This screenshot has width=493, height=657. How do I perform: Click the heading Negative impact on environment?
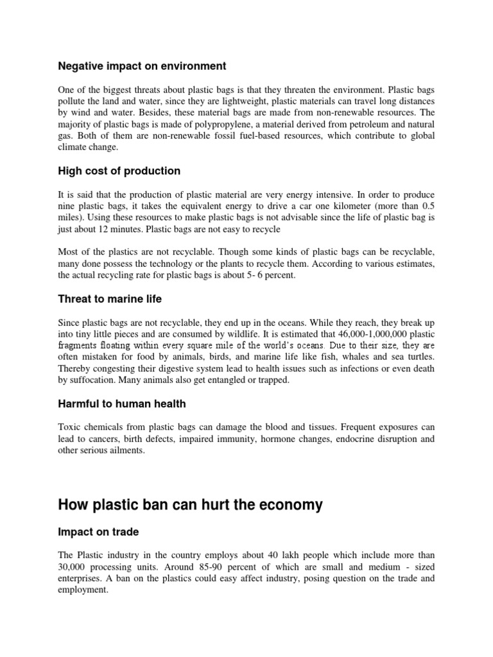(142, 65)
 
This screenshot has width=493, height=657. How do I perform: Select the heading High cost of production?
(119, 171)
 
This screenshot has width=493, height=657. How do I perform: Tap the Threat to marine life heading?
(110, 298)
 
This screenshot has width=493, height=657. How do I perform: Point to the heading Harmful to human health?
(122, 404)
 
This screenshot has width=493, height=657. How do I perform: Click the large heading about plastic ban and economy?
(190, 505)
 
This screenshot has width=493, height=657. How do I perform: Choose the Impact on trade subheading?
(98, 532)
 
